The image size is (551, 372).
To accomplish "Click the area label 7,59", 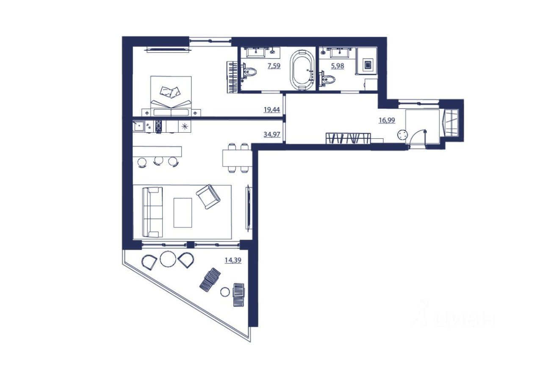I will tap(274, 66).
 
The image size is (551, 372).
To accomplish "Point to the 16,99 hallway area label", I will tap(387, 120).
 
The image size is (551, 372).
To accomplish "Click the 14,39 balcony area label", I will tap(233, 260).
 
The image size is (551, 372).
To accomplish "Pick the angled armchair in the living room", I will tap(208, 196).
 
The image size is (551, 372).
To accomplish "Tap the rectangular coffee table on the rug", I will tap(183, 212).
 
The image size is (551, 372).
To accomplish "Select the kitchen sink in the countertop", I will tap(138, 126).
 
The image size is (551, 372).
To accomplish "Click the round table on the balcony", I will tap(168, 259).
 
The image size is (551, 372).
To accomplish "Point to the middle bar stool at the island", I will tap(158, 160).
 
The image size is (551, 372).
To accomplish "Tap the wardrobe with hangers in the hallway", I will tap(348, 138).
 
